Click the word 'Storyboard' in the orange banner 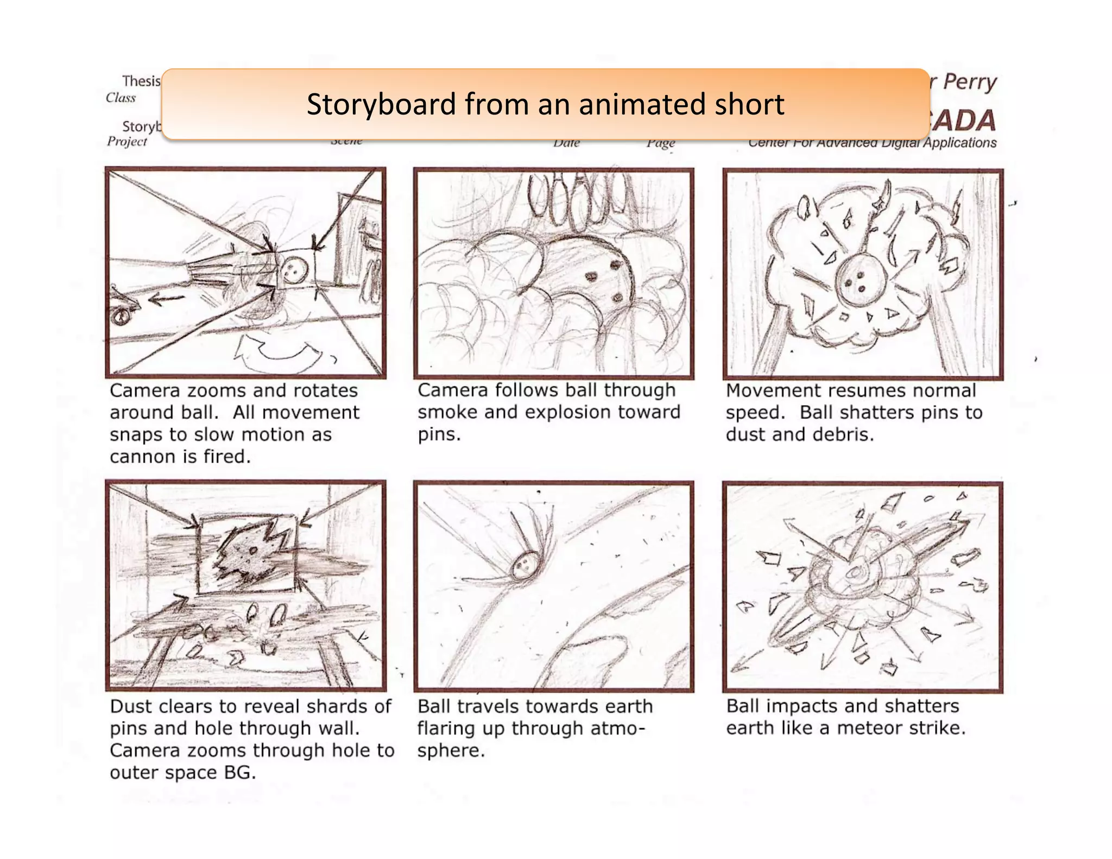(381, 104)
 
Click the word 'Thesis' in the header (141, 81)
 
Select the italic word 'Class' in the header (121, 98)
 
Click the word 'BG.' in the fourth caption (239, 772)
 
